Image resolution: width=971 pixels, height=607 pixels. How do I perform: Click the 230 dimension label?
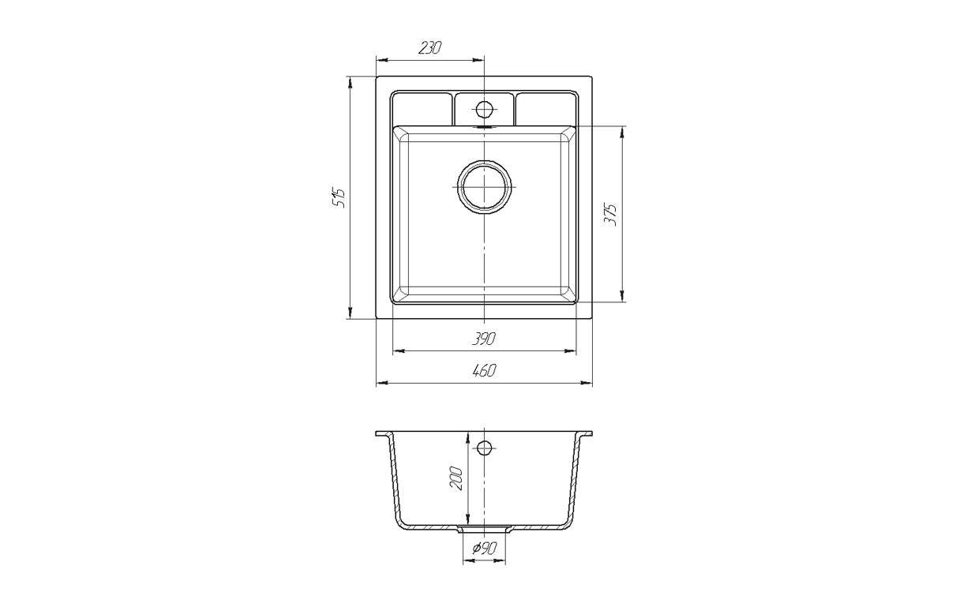click(x=430, y=47)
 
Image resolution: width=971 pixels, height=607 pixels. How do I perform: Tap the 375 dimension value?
click(x=610, y=214)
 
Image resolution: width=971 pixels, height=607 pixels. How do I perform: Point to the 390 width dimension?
click(x=484, y=339)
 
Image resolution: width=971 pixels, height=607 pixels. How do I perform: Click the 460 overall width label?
click(x=484, y=371)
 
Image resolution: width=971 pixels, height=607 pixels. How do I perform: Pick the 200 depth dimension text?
click(x=456, y=478)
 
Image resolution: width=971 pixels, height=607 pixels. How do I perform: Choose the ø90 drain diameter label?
click(x=484, y=549)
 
